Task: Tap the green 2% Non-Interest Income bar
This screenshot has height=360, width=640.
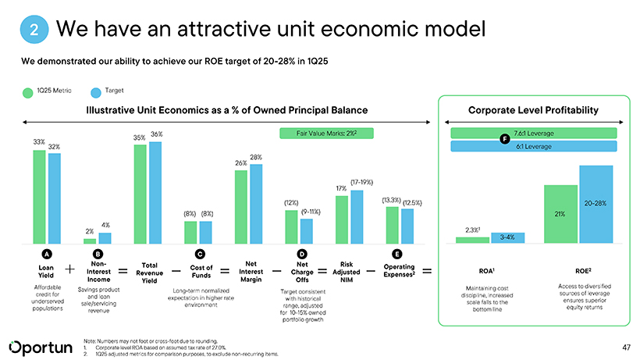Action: (x=90, y=241)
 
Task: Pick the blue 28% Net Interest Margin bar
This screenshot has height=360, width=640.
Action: (x=256, y=204)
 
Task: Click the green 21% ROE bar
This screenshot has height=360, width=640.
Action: (x=560, y=214)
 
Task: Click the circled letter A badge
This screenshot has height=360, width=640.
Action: (x=47, y=253)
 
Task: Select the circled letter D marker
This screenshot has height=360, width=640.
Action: (x=301, y=253)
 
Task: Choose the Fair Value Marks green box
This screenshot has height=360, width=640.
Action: (x=325, y=133)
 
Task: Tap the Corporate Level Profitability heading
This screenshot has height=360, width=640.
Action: (x=533, y=109)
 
